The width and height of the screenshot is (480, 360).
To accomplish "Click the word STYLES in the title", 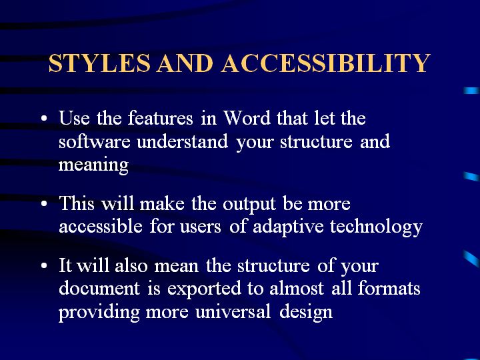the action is click(99, 63).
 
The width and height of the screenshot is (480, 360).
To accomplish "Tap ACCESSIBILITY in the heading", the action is click(326, 63).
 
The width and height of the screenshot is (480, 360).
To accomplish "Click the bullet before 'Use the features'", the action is click(44, 118).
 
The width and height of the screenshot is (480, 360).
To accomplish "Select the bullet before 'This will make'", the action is click(44, 203).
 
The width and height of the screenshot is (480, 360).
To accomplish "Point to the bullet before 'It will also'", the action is click(44, 266).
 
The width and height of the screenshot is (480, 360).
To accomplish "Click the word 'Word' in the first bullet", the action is click(247, 117).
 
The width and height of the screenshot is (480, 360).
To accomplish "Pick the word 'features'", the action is click(161, 117).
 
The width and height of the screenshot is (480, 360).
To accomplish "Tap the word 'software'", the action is click(95, 142).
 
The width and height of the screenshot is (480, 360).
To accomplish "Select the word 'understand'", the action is click(183, 141).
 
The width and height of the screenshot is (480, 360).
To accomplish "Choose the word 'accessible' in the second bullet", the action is click(101, 227).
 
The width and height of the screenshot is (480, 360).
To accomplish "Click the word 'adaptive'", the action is click(288, 227).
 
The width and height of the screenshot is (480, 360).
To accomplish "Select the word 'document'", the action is click(99, 289).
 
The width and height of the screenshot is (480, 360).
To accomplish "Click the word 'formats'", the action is click(389, 288).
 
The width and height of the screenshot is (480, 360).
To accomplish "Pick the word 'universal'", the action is click(233, 312).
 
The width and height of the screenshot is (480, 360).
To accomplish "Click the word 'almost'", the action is click(297, 289).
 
